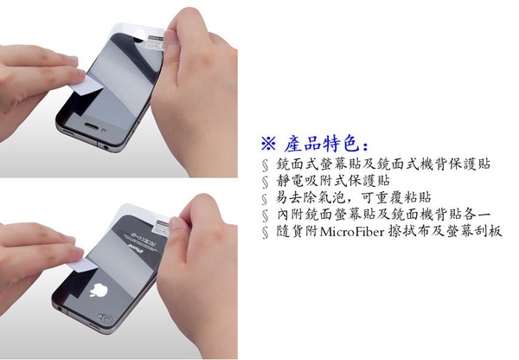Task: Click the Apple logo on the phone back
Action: [99, 290]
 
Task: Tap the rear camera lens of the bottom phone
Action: [106, 319]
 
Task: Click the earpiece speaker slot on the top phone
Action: [91, 125]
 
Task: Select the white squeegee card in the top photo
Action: [86, 87]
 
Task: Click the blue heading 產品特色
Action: [326, 144]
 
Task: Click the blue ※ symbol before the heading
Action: [268, 144]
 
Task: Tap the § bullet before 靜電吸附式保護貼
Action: [266, 182]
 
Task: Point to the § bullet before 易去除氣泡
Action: [265, 199]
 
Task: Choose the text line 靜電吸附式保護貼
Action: [333, 181]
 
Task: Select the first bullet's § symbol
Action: [266, 165]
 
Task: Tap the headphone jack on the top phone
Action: [106, 146]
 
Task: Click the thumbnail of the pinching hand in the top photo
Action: [170, 40]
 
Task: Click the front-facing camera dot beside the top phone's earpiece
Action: [104, 131]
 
